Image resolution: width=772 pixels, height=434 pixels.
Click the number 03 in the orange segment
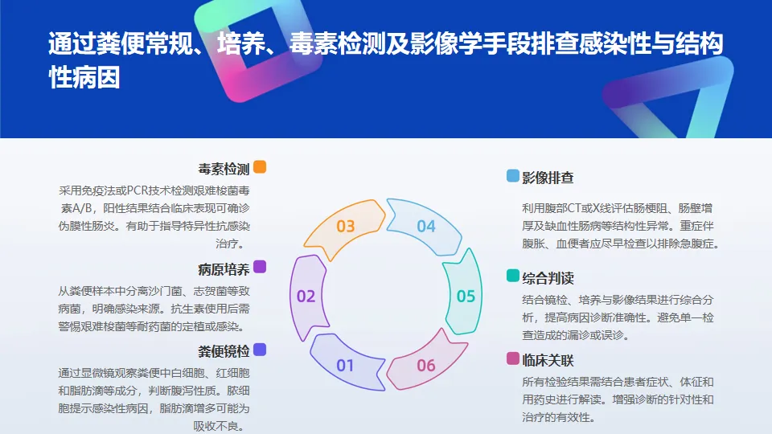(345, 226)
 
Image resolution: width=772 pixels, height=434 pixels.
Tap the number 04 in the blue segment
(425, 226)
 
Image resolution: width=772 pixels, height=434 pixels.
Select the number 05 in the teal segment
(466, 296)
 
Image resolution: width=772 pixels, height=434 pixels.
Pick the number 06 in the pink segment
(425, 366)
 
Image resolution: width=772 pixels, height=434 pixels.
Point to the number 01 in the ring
(345, 366)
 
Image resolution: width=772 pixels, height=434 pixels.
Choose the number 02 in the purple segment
(306, 296)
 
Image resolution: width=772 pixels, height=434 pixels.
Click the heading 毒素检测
(224, 169)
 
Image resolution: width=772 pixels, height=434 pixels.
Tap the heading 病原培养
(224, 269)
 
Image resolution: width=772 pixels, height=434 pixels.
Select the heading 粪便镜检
(224, 350)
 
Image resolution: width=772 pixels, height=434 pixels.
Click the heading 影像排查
(548, 177)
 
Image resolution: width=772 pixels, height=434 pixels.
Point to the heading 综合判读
(548, 278)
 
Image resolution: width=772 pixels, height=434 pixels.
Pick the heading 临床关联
(548, 359)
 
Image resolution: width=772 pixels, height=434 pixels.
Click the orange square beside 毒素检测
(259, 167)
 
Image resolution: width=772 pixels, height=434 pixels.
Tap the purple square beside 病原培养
(259, 267)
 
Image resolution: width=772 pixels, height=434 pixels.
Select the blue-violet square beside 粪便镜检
(259, 349)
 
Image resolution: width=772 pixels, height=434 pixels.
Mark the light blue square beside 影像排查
(512, 176)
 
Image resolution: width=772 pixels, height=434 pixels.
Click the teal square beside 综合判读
(512, 276)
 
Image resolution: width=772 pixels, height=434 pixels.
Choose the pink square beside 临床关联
(512, 358)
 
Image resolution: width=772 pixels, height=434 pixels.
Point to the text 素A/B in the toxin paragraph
(78, 208)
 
